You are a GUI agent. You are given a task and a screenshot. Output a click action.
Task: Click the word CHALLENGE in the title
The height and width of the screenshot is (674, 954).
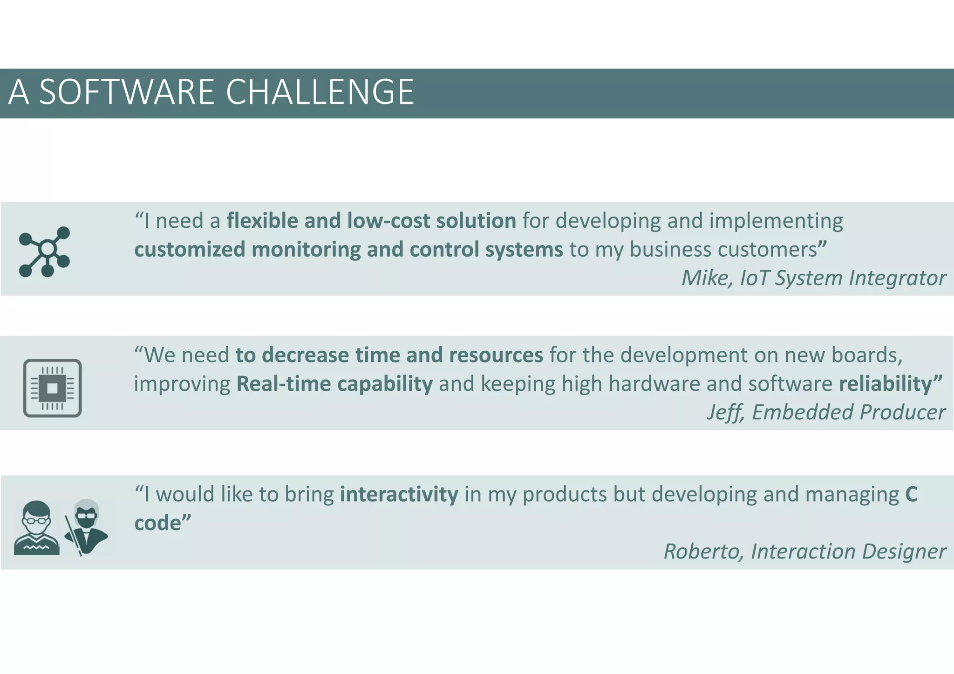click(320, 92)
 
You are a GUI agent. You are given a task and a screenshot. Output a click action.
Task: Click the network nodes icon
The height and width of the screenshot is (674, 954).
click(45, 252)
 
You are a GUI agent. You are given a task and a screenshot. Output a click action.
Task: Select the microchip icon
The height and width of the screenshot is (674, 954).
click(52, 388)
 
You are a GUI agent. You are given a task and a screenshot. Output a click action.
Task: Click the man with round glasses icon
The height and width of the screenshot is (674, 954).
click(36, 528)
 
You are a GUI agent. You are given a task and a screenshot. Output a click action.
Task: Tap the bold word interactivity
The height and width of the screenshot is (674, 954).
click(399, 494)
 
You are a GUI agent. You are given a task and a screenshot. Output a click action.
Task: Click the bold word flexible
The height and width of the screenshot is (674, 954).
click(262, 221)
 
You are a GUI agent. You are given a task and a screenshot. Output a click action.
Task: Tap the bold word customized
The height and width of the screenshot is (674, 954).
click(190, 250)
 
